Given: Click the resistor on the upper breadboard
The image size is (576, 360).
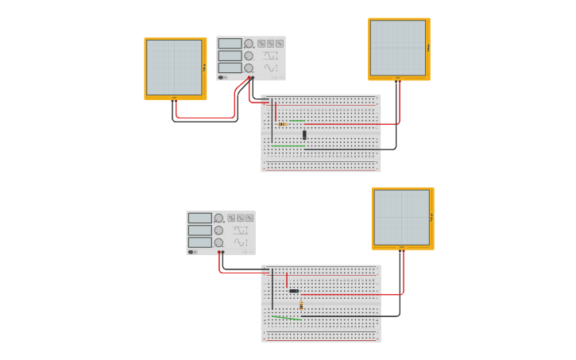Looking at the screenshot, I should pos(283,124).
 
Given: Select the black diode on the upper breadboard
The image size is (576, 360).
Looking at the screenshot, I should pos(304,134).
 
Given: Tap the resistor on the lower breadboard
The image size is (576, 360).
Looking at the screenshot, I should pos(301,305).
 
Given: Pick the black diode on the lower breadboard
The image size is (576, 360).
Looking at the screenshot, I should pos(294,291).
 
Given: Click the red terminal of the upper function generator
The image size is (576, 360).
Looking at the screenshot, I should pos(249,78).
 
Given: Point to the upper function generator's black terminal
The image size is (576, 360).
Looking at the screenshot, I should pos(253,78).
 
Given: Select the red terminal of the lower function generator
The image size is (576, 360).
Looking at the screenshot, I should pos(218,253).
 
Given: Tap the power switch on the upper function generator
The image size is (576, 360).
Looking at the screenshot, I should pos(222,77).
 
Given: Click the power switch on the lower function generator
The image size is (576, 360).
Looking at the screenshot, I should pos(191,252).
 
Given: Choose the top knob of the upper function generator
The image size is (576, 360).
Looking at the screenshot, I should pos(249,44).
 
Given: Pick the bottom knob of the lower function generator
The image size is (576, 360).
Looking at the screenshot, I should pos(218,242).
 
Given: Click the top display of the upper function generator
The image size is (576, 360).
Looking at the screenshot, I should pos(230,44).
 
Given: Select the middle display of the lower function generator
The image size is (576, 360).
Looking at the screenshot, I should pos(199,230).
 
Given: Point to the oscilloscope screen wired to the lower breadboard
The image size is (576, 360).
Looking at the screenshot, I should pos(401,217).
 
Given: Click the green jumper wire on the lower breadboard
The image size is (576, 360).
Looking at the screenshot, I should pos(286,318).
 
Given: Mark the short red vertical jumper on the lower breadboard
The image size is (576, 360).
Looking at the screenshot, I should pos(287,280).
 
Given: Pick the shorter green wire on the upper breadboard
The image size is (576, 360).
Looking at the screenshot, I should pos(297,121).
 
